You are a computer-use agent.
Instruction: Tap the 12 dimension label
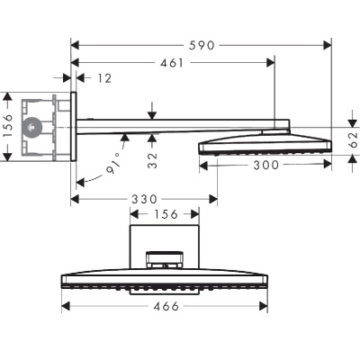pyautogui.click(x=105, y=79)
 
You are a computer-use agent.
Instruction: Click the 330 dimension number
pyautogui.click(x=145, y=197)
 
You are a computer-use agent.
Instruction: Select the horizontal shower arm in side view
pyautogui.click(x=171, y=123)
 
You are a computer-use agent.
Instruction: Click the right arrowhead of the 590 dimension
pyautogui.click(x=329, y=42)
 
